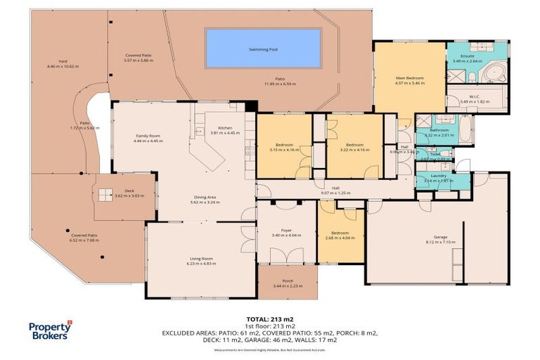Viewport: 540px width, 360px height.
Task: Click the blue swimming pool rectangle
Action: pos(262,49)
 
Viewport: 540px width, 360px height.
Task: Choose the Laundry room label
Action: pos(439,175)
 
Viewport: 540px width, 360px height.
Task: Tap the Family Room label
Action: pos(148,136)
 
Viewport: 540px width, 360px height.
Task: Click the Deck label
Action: pos(129,191)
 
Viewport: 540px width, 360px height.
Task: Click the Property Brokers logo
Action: pos(50,330)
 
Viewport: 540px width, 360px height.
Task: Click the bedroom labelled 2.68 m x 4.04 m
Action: pos(340,233)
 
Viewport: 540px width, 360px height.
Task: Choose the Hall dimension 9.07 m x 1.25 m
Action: pos(335,193)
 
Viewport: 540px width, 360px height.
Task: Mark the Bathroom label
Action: pos(439,130)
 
